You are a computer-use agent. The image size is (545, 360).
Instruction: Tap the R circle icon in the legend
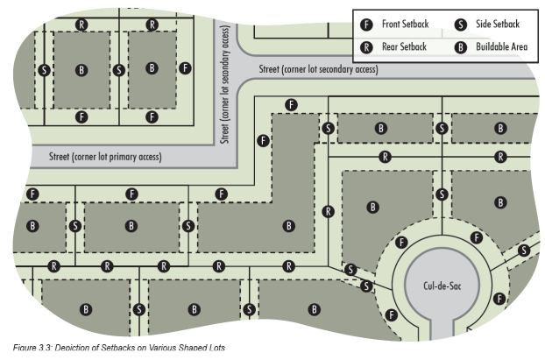[368, 46]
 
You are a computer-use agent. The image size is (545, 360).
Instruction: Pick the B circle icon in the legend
[460, 46]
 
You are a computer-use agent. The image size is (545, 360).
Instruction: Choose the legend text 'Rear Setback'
[405, 46]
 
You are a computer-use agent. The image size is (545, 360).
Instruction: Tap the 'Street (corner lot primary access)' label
[105, 157]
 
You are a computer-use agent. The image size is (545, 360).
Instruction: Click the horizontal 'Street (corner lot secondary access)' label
[318, 68]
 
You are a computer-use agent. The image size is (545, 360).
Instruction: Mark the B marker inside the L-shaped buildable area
[288, 225]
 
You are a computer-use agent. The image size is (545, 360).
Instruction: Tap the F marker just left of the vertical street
[185, 67]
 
